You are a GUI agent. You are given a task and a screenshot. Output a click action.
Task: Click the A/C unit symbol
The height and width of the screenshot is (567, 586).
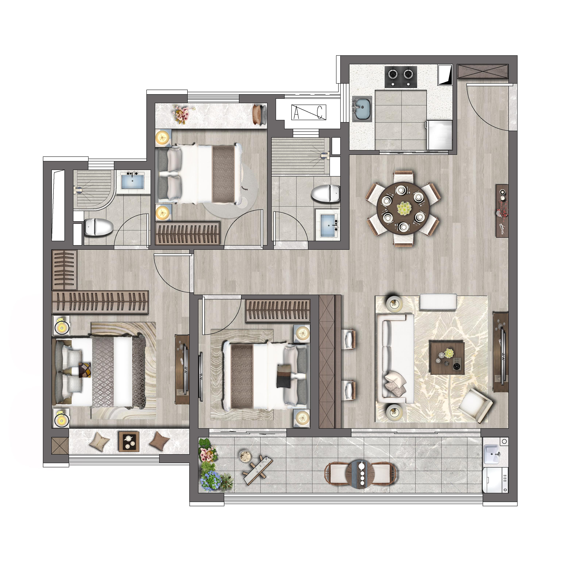[x=309, y=112]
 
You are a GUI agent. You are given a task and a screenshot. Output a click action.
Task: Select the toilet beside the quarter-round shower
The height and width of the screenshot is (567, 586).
[x=99, y=227]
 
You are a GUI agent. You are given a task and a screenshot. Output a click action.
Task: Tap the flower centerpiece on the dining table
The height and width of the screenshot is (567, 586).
[x=404, y=208]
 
